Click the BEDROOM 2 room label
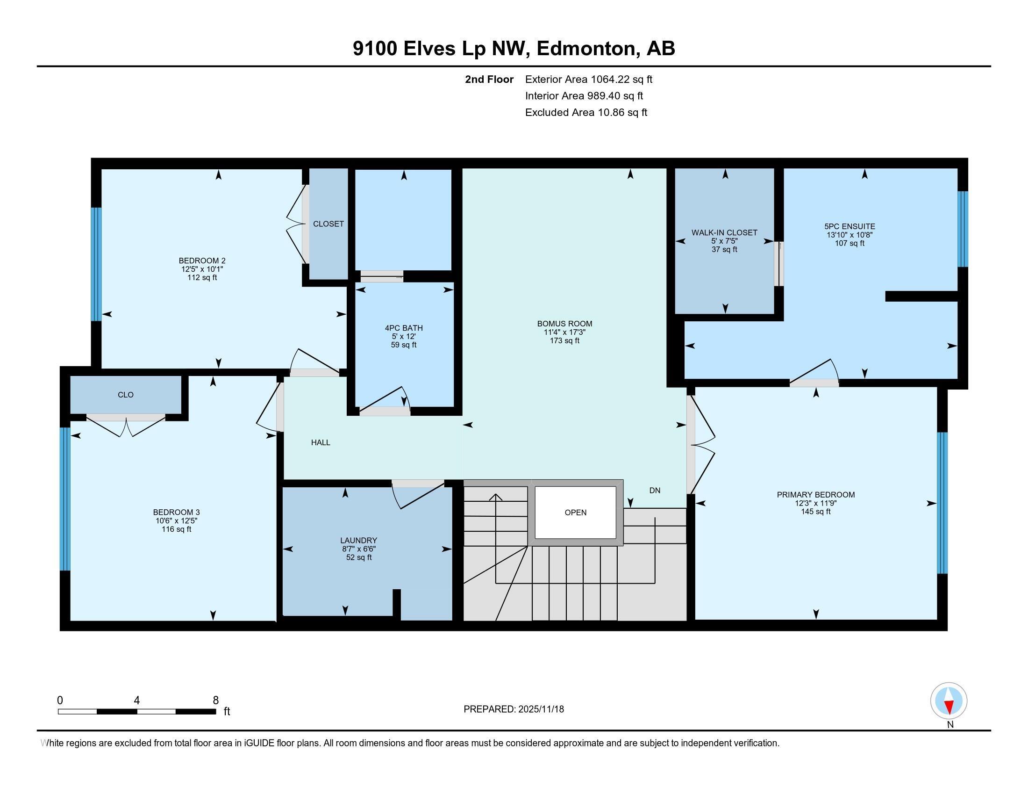tap(202, 260)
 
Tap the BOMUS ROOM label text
tap(564, 324)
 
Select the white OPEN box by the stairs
tap(575, 513)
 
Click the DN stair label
tap(655, 490)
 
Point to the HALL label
tap(321, 442)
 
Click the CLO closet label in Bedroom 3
tap(126, 395)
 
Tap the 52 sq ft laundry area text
tap(359, 557)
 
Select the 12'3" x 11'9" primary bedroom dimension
tap(815, 503)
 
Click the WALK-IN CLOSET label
tap(724, 233)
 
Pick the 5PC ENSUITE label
tap(849, 226)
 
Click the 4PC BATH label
tap(403, 328)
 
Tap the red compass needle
tap(949, 707)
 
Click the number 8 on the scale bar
tap(215, 701)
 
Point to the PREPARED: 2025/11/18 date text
tap(514, 709)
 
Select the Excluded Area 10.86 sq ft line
tap(586, 113)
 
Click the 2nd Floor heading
tap(489, 79)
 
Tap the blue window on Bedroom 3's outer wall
tap(65, 499)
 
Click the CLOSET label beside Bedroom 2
tap(328, 224)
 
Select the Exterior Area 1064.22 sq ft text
tap(588, 79)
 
